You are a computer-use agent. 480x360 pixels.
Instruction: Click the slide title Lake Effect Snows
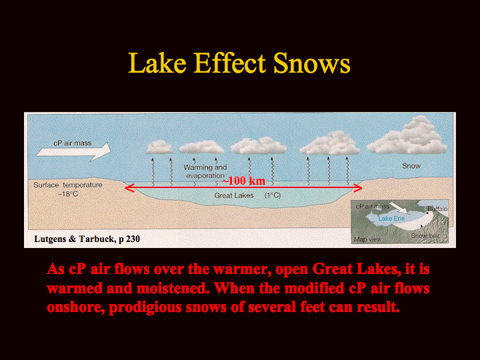239,63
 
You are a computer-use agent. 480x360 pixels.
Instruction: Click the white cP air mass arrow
73,151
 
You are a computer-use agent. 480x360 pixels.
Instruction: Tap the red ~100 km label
243,181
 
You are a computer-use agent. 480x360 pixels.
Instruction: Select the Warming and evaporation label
205,171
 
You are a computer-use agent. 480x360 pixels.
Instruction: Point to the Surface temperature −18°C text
67,189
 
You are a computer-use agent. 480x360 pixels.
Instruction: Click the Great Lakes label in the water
234,195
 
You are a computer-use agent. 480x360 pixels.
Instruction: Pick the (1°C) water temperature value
273,195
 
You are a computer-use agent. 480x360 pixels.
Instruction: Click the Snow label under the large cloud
411,166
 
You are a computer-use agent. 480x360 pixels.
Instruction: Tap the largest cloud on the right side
409,136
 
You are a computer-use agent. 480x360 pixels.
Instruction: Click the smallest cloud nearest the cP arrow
160,147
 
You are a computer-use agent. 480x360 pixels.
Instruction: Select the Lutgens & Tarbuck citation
87,239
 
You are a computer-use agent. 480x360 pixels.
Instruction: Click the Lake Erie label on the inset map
391,218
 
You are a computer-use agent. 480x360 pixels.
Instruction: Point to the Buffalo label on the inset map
437,209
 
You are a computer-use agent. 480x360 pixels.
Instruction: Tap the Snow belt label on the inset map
425,236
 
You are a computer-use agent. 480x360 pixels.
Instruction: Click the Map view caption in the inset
367,239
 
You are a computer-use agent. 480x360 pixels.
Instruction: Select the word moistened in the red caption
173,289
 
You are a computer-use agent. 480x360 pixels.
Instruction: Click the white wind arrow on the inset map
398,207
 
